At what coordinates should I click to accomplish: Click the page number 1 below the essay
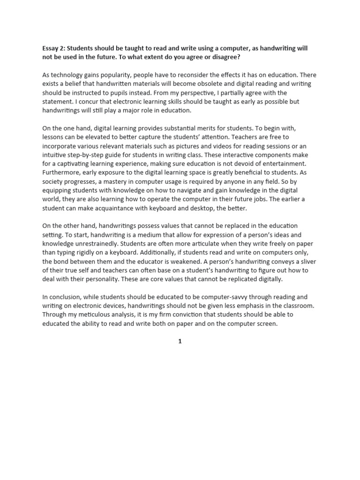point(180,342)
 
